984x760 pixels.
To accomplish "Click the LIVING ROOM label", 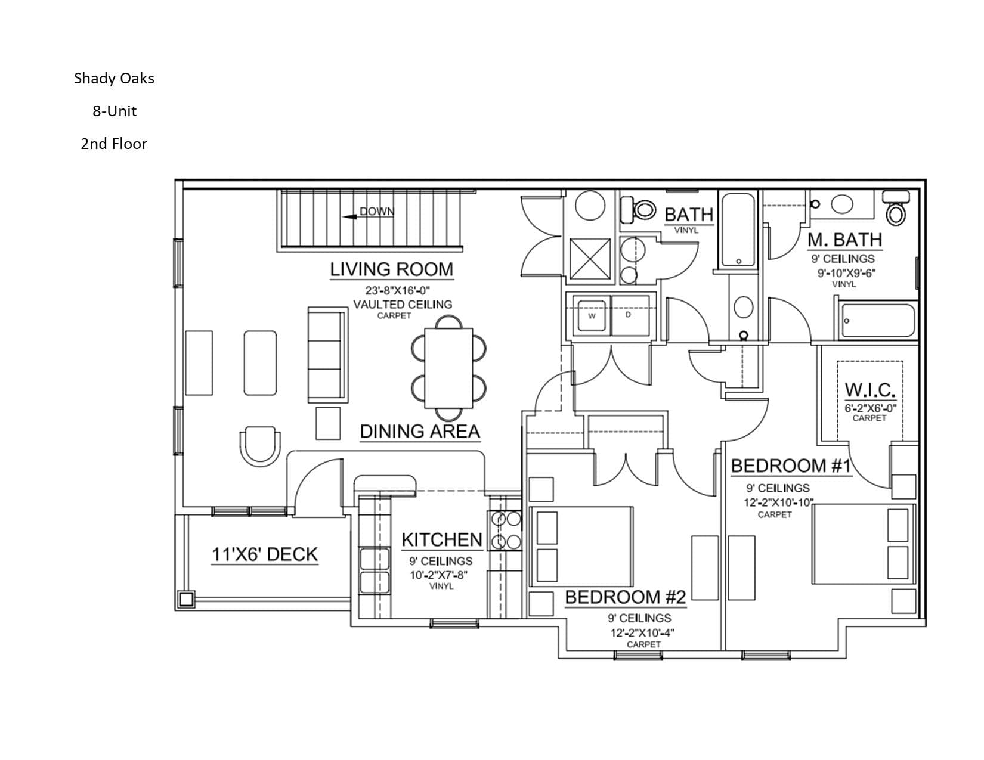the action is coord(391,269).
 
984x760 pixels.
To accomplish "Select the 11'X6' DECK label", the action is coord(265,554).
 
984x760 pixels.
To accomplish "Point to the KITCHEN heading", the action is coord(442,539).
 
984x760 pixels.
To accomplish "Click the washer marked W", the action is coord(592,316).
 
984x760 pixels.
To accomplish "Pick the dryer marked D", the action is coord(630,315).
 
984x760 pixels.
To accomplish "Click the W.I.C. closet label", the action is coord(870,390).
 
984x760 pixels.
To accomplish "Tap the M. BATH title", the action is coord(845,240).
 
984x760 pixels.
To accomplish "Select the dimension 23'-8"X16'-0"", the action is coord(398,290).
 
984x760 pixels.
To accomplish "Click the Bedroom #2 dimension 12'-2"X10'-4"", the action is coord(642,632).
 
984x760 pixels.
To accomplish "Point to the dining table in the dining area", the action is coord(448,368).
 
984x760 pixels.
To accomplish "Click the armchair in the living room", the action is coord(260,446).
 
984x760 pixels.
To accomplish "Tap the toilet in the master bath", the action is coord(896,208).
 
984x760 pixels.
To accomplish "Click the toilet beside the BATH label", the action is coord(638,210).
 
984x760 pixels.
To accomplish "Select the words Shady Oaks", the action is coord(114,78).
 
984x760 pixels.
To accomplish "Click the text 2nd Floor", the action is coord(114,144).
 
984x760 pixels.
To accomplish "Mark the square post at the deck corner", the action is coord(185,600).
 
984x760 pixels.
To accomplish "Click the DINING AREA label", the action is coord(420,432).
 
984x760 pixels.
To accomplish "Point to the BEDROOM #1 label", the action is coord(791,466).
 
